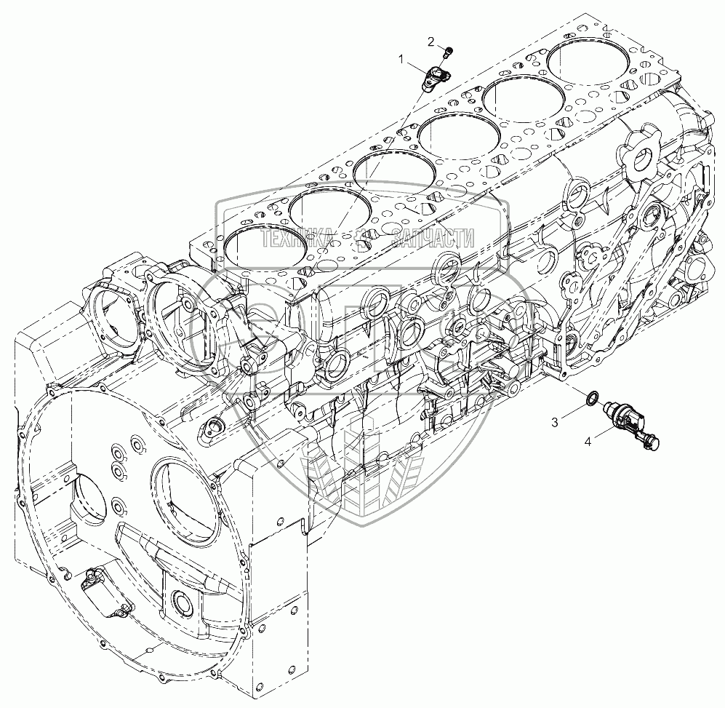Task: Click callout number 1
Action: pos(401,59)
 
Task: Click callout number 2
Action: pos(431,42)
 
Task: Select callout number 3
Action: pos(554,422)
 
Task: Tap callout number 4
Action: pos(588,442)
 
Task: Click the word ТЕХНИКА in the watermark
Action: pos(298,239)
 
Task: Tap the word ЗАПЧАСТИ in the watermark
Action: pos(433,239)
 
